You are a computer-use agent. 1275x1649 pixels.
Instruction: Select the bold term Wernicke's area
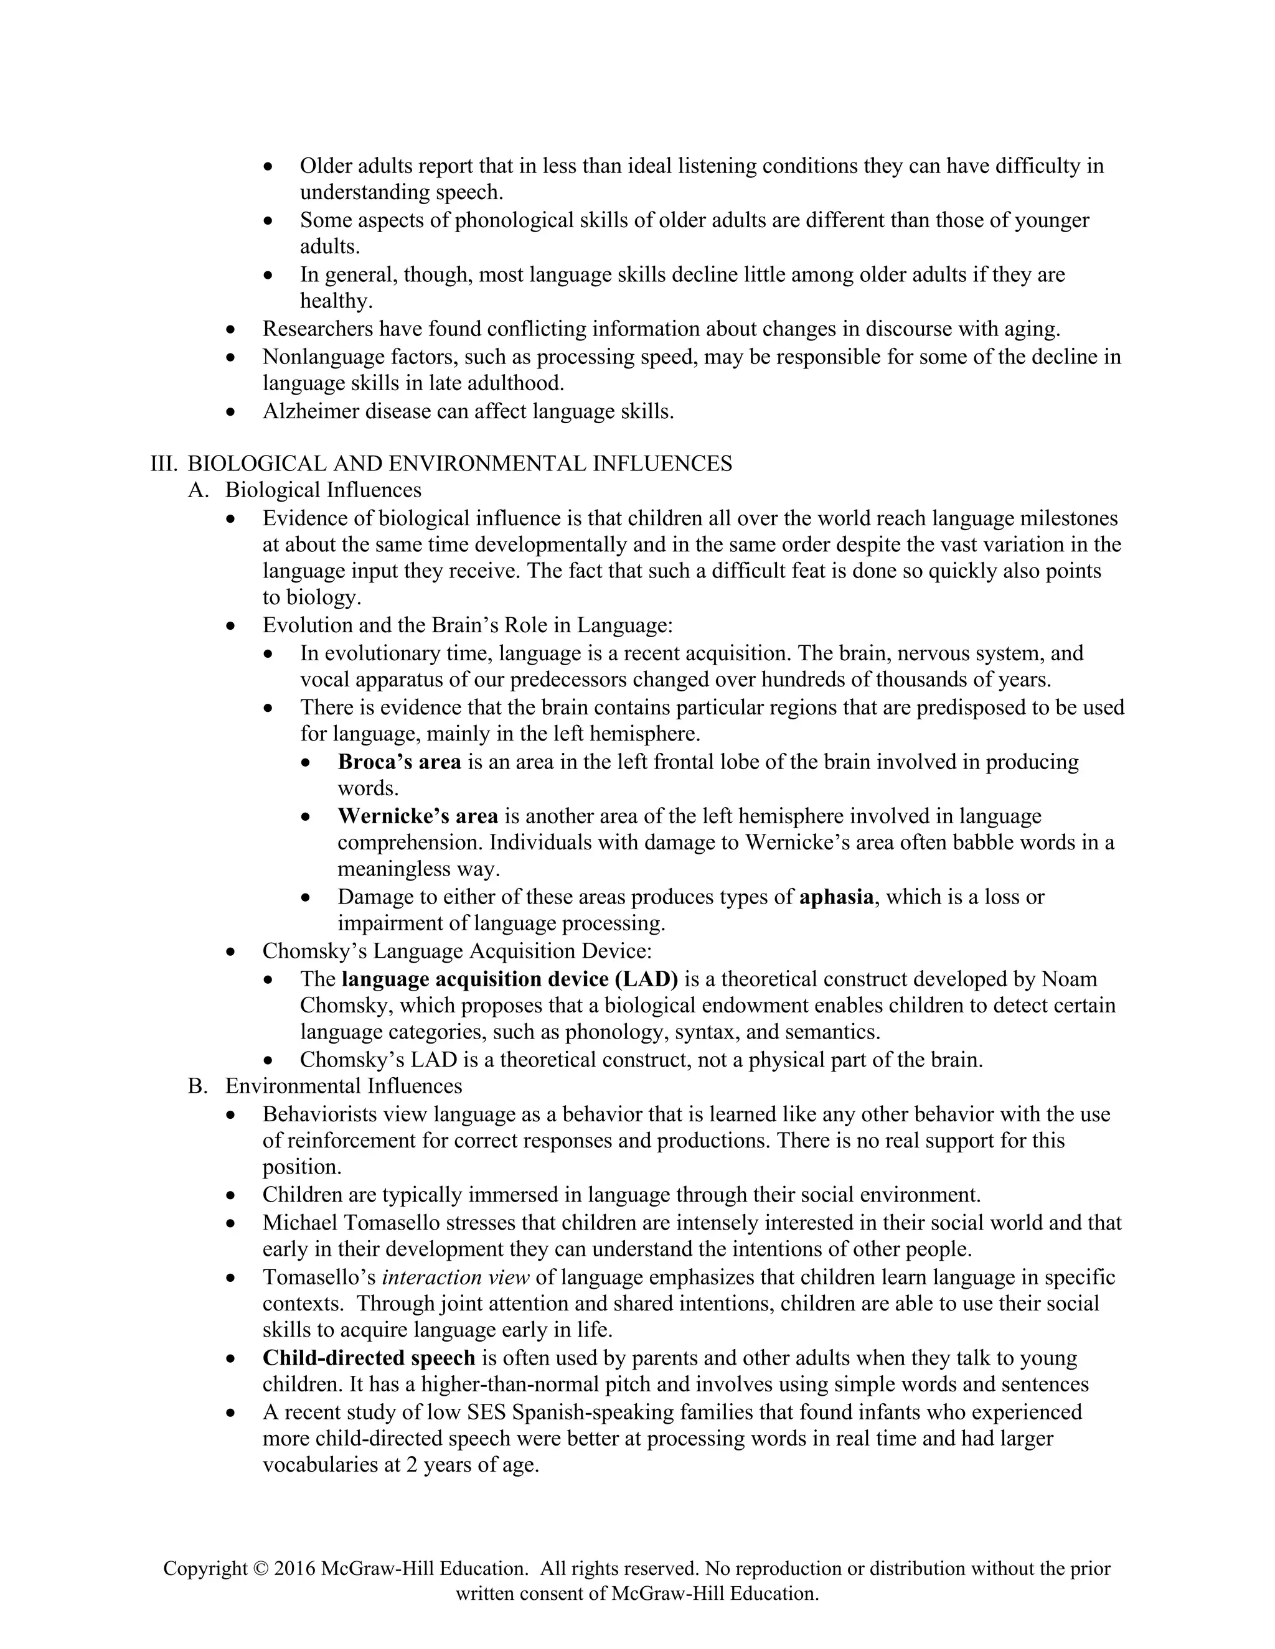point(418,816)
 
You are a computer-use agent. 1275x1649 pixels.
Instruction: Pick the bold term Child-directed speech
point(369,1358)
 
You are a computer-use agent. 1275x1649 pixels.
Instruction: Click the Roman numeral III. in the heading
point(163,464)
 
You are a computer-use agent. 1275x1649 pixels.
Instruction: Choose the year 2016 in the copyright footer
point(295,1569)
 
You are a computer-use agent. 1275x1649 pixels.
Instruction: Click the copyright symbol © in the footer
point(261,1569)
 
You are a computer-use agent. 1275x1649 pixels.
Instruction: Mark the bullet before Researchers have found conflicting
point(231,330)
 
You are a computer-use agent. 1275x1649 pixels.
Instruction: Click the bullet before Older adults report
point(269,167)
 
